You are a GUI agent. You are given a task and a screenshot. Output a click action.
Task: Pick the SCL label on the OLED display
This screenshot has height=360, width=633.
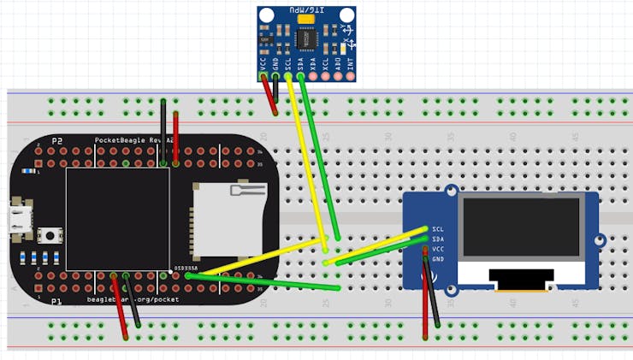438,229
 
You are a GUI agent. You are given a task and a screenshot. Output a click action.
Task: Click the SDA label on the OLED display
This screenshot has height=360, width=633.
438,239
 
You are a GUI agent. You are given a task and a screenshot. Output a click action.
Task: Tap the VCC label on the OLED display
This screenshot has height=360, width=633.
438,249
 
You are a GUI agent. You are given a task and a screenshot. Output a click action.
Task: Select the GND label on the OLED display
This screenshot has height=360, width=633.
438,259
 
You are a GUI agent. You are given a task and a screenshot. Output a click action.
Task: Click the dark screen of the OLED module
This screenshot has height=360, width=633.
521,227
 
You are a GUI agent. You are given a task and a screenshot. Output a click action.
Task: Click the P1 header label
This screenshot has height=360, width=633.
56,302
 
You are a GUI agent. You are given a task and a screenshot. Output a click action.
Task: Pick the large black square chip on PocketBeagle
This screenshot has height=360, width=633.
116,219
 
